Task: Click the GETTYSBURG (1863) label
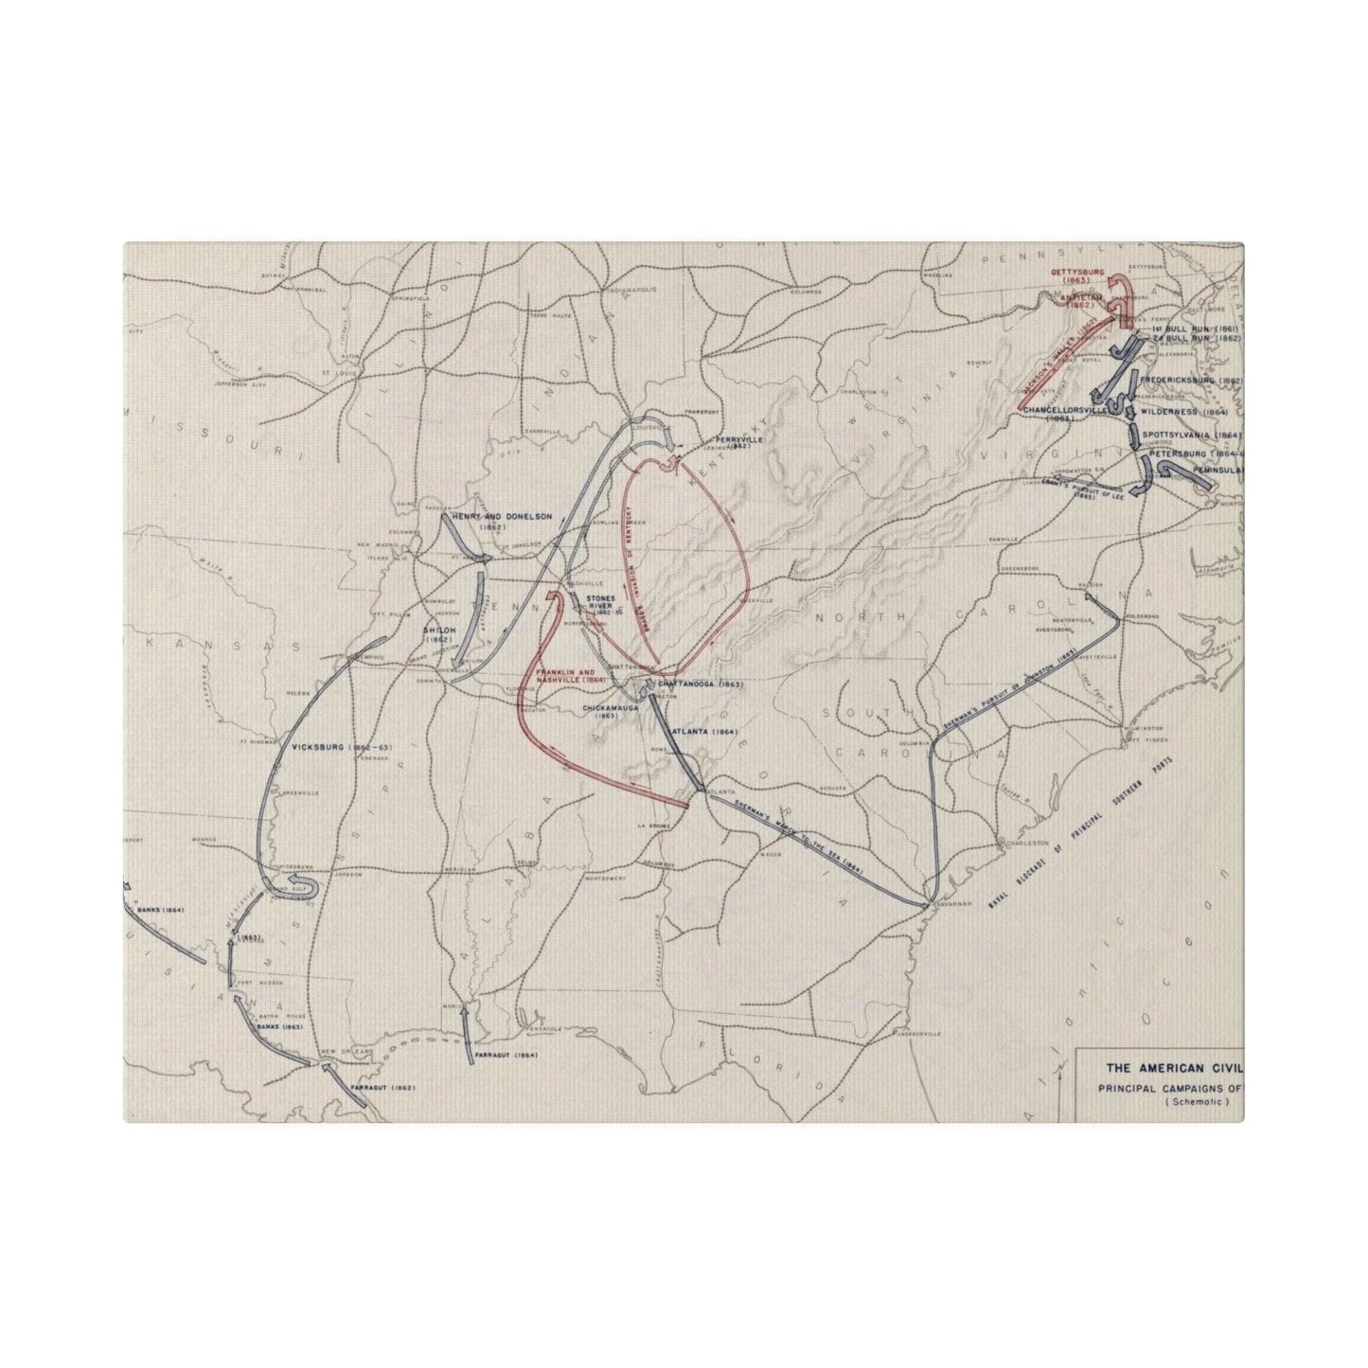coord(1077,275)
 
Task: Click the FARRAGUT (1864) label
coord(507,1053)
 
